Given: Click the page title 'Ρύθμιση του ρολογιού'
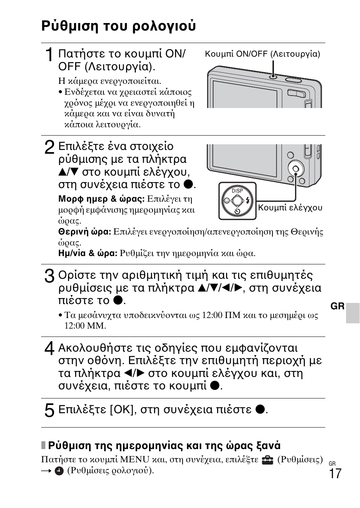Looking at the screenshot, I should (118, 26).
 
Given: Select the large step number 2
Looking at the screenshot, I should (49, 147).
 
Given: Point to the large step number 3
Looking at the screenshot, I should (49, 276).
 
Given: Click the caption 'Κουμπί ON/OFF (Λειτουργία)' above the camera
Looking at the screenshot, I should (262, 54).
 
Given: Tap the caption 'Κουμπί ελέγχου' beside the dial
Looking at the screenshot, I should (290, 207).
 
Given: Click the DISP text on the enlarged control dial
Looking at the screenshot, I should (237, 191).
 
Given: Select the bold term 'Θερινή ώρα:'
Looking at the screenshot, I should (85, 232).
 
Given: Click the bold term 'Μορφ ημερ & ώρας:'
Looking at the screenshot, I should (101, 199).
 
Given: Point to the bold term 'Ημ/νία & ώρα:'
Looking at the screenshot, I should (88, 253).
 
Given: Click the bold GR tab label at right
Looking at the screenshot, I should (338, 306).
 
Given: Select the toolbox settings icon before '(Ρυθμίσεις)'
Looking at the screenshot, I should (267, 460).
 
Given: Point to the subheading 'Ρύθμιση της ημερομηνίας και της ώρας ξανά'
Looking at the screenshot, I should (164, 446).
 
